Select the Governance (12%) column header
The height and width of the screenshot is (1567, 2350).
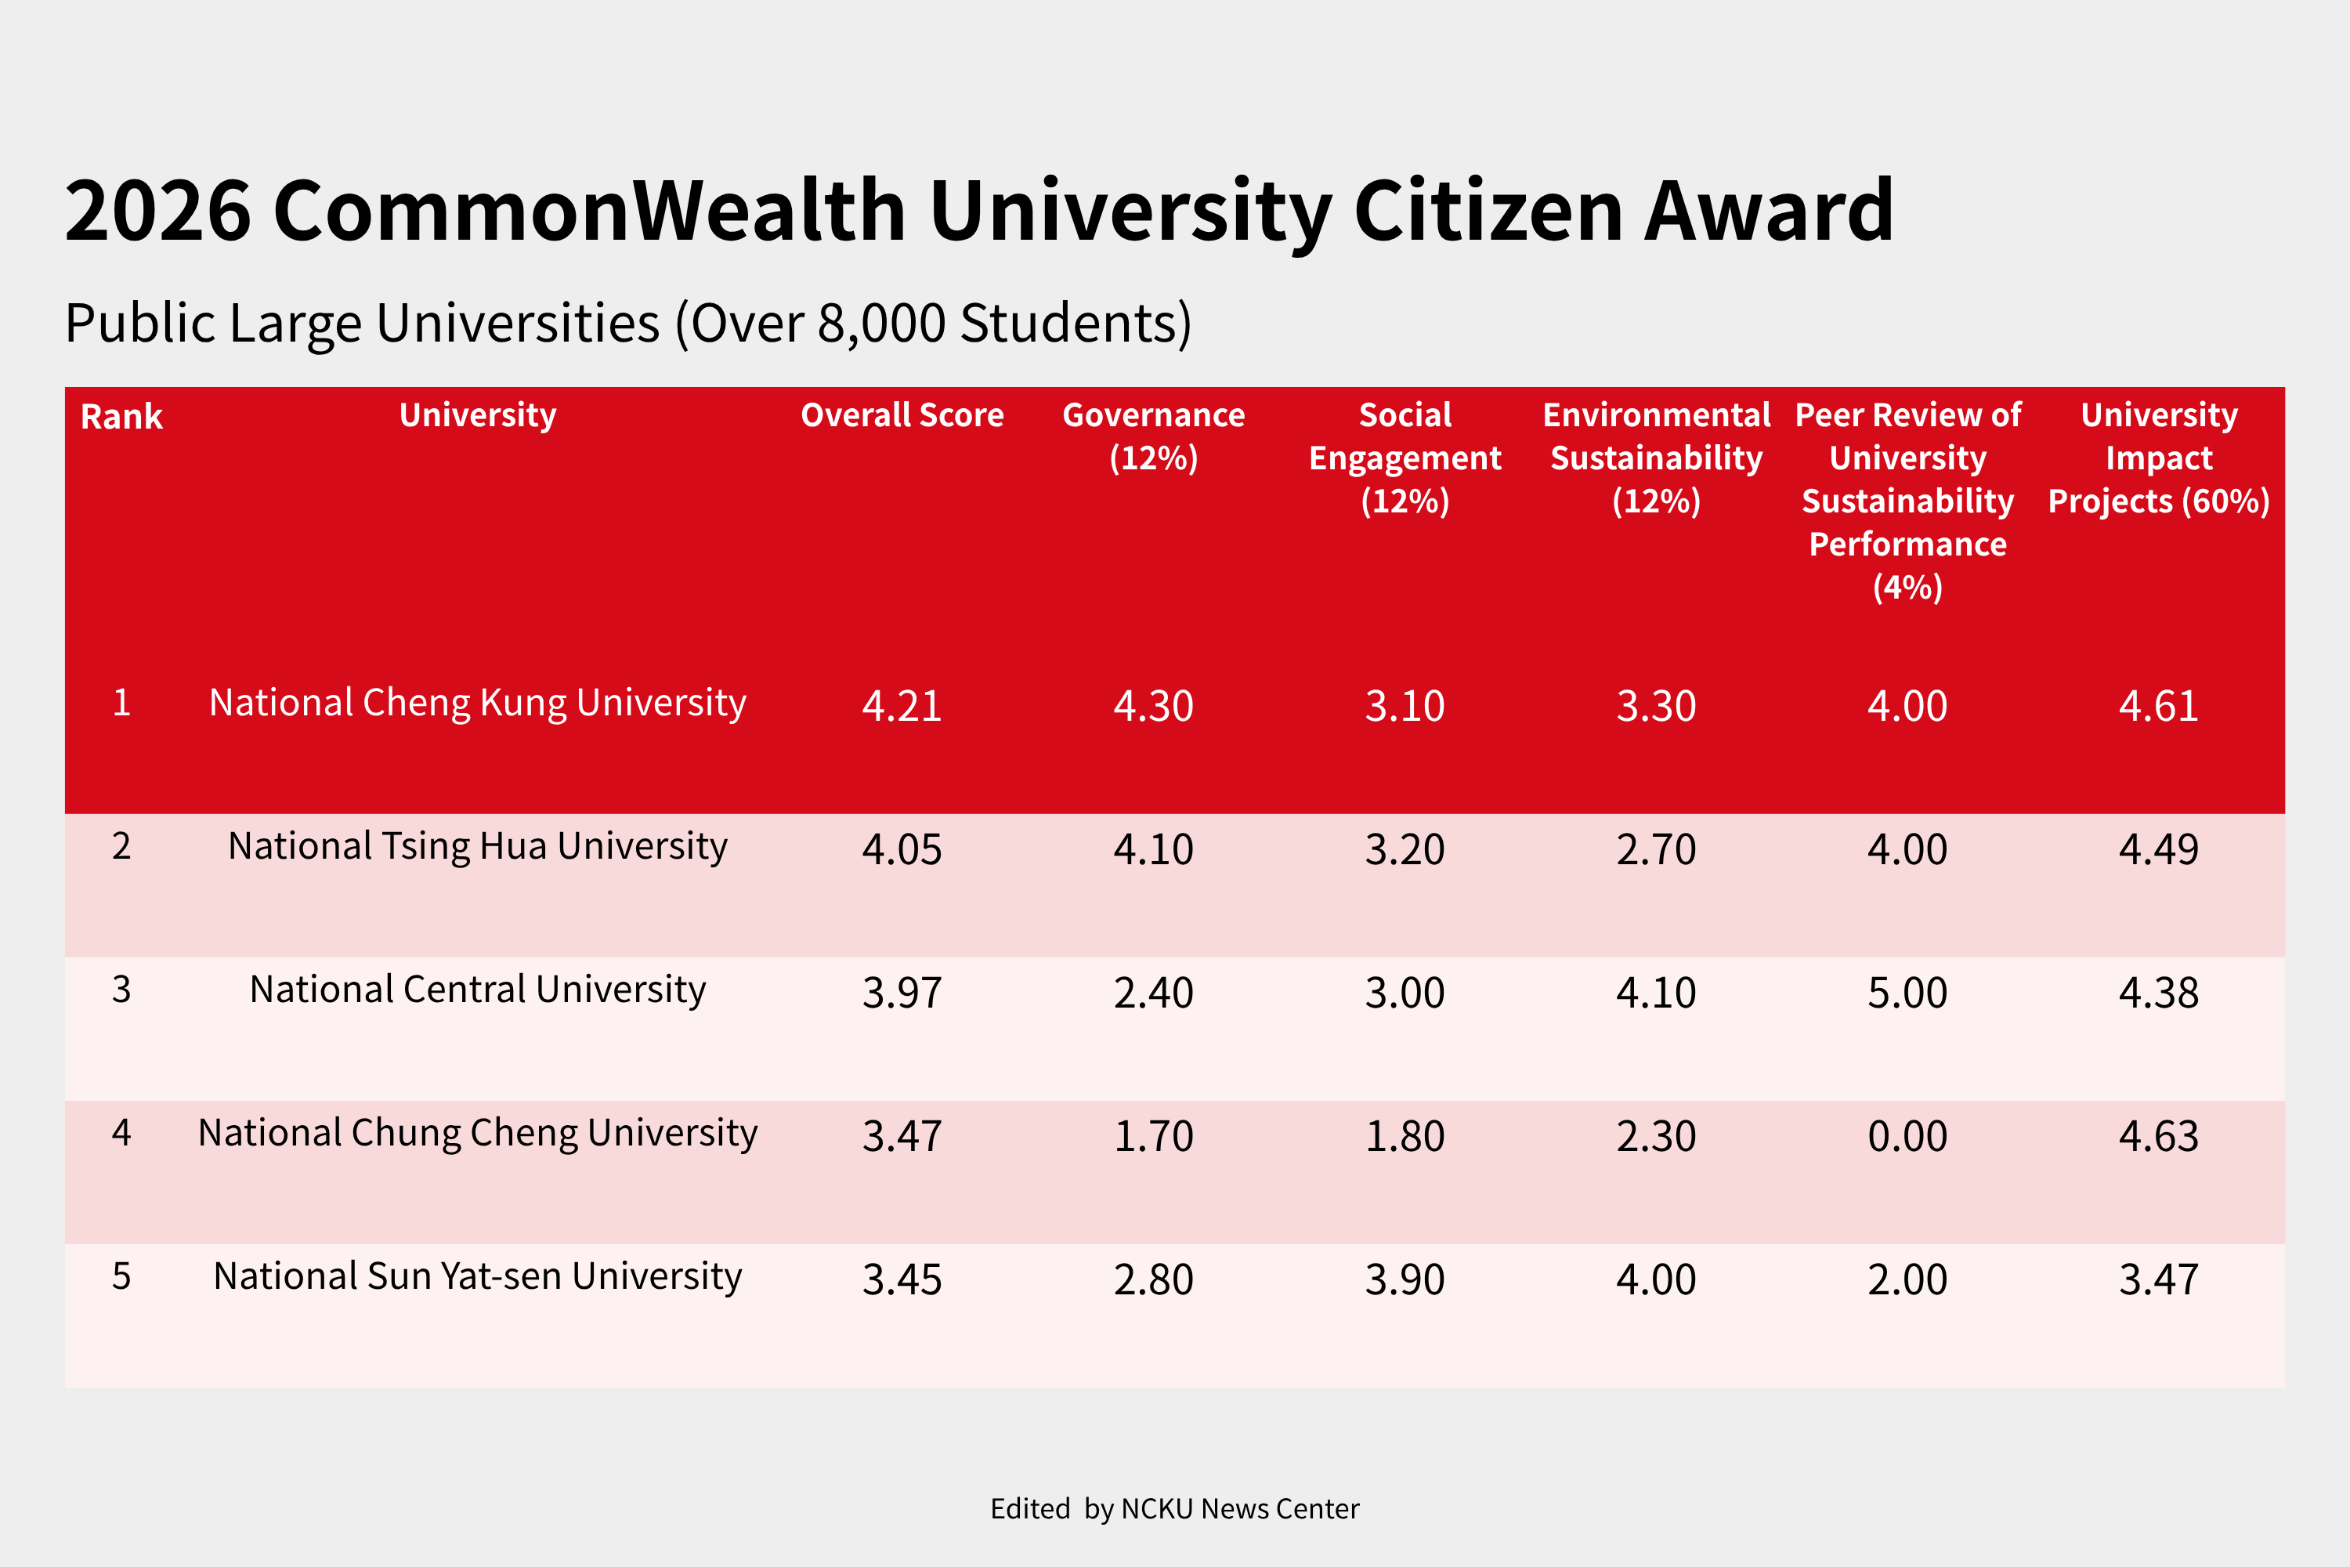click(x=1153, y=436)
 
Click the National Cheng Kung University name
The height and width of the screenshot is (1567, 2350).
click(x=478, y=703)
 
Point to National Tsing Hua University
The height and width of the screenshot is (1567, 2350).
click(x=478, y=846)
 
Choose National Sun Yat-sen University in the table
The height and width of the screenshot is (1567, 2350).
click(x=478, y=1276)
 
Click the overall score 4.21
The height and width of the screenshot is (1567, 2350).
click(x=902, y=707)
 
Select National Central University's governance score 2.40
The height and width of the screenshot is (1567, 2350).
click(x=1153, y=993)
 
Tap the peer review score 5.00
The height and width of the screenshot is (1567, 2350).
click(x=1907, y=993)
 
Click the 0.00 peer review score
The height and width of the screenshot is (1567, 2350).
click(x=1907, y=1136)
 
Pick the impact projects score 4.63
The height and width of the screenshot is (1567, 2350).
click(x=2158, y=1136)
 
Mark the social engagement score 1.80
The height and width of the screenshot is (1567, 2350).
click(x=1405, y=1136)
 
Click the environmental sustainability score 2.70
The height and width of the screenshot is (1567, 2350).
click(x=1656, y=849)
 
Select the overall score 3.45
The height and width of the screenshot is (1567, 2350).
click(x=902, y=1280)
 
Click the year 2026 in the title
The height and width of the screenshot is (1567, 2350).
click(x=158, y=212)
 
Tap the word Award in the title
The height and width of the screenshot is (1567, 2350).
click(x=1769, y=212)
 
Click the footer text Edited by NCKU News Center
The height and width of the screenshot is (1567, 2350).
click(x=1174, y=1509)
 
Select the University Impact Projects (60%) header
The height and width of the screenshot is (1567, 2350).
click(x=2158, y=458)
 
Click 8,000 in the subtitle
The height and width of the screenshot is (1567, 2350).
click(x=881, y=324)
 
